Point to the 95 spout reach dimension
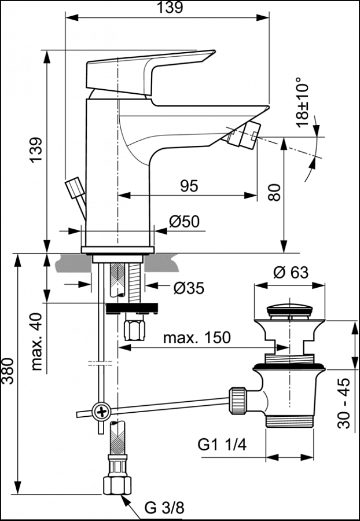[189, 185]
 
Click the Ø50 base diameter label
[183, 221]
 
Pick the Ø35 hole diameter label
[189, 288]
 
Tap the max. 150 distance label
[196, 337]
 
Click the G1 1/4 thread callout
[222, 445]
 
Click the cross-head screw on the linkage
[102, 412]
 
